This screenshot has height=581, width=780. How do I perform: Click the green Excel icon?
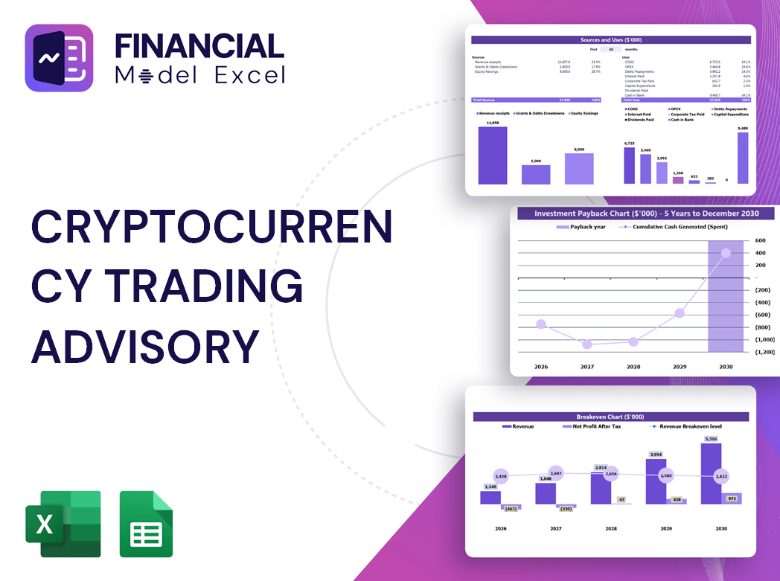tap(63, 524)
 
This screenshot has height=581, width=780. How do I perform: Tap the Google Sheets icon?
tap(146, 524)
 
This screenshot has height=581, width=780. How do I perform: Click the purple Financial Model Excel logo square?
tap(59, 58)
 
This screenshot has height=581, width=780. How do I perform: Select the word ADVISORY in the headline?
tap(145, 347)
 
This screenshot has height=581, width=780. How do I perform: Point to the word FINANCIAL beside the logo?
tap(199, 46)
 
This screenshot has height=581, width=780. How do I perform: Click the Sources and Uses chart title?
tap(611, 39)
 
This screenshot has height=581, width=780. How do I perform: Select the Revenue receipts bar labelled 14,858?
tap(492, 155)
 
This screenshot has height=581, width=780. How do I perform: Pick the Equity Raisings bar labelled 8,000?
tap(579, 169)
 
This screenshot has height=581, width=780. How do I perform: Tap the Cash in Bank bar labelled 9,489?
tap(743, 158)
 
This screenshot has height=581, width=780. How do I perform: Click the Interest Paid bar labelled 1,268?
tap(677, 180)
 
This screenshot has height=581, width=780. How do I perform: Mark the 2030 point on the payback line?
tap(726, 253)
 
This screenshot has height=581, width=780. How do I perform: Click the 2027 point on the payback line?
tap(587, 344)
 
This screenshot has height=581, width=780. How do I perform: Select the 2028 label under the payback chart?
tap(633, 367)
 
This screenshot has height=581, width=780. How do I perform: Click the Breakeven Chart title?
tap(610, 417)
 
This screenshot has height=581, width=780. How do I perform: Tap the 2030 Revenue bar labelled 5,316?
tap(711, 474)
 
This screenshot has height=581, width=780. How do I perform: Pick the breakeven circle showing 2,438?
tap(500, 476)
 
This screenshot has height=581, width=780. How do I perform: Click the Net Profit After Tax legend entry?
tap(595, 426)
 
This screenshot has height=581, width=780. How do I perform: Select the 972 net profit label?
tap(731, 498)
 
